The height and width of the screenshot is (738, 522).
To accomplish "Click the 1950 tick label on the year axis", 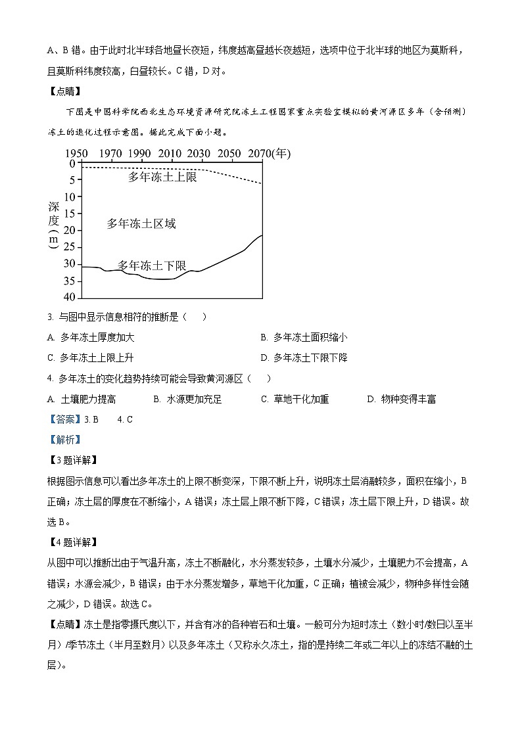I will coord(76,154).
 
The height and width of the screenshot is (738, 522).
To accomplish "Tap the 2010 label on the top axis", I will coord(169,154).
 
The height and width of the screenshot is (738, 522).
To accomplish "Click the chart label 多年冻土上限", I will coord(162,177).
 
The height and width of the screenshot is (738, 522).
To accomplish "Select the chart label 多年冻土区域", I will coord(141,224).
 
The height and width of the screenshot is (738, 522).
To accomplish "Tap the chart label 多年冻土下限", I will coord(152,265).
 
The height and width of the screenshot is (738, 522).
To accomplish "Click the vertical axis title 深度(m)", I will coord(54,223).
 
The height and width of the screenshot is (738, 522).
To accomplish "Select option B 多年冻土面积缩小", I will coord(304,337).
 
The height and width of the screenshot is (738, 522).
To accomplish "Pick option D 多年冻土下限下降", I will coord(304,357).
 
